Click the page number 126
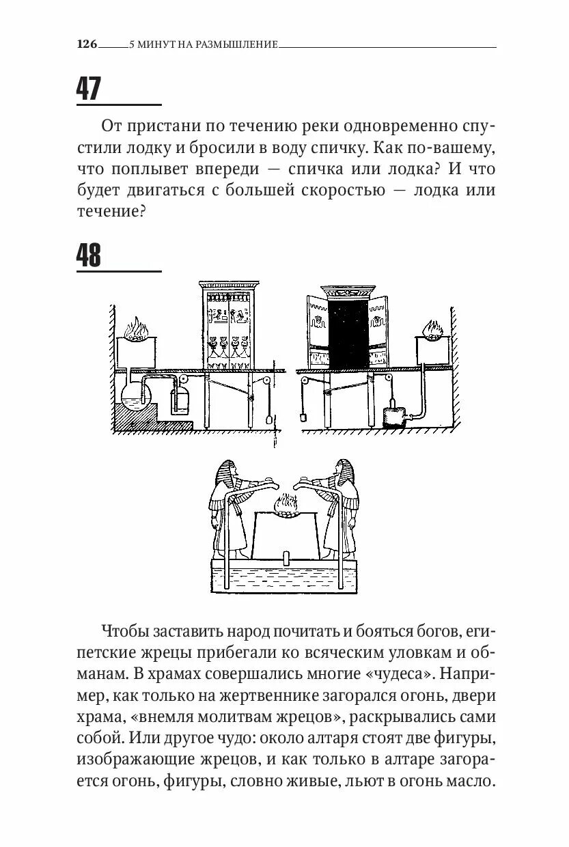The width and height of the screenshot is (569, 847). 87,44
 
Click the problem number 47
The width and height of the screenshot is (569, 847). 89,89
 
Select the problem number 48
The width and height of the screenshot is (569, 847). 89,255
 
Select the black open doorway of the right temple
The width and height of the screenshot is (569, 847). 348,333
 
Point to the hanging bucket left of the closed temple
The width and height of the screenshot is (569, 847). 182,400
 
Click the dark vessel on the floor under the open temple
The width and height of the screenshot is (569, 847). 393,416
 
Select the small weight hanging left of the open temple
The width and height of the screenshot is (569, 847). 301,415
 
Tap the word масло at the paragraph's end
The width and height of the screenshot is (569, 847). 469,781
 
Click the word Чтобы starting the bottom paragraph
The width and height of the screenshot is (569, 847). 126,630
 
